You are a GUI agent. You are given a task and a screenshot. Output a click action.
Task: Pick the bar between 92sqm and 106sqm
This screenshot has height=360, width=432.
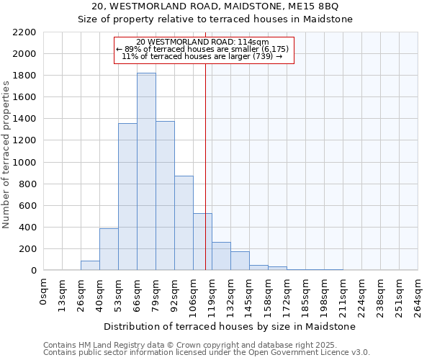point(184,222)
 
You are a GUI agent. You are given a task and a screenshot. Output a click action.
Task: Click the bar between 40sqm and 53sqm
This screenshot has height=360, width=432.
point(109,249)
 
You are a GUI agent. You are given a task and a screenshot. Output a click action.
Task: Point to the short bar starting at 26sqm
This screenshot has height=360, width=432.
point(90,266)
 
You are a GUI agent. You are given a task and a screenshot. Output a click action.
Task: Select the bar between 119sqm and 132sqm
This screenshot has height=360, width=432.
point(221,256)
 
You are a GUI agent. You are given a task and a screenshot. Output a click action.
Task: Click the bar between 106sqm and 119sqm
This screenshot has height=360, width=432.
point(202,242)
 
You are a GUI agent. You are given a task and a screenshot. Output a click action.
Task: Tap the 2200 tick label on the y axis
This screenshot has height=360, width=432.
point(24,32)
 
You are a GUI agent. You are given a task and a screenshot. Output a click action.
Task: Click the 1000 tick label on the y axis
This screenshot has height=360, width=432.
point(24,163)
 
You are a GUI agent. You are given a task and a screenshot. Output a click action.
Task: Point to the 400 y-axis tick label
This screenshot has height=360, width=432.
point(27,228)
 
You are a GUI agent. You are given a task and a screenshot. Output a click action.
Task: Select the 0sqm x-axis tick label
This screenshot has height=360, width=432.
point(44,292)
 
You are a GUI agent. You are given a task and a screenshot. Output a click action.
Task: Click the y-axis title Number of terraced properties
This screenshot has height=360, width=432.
point(6,155)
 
